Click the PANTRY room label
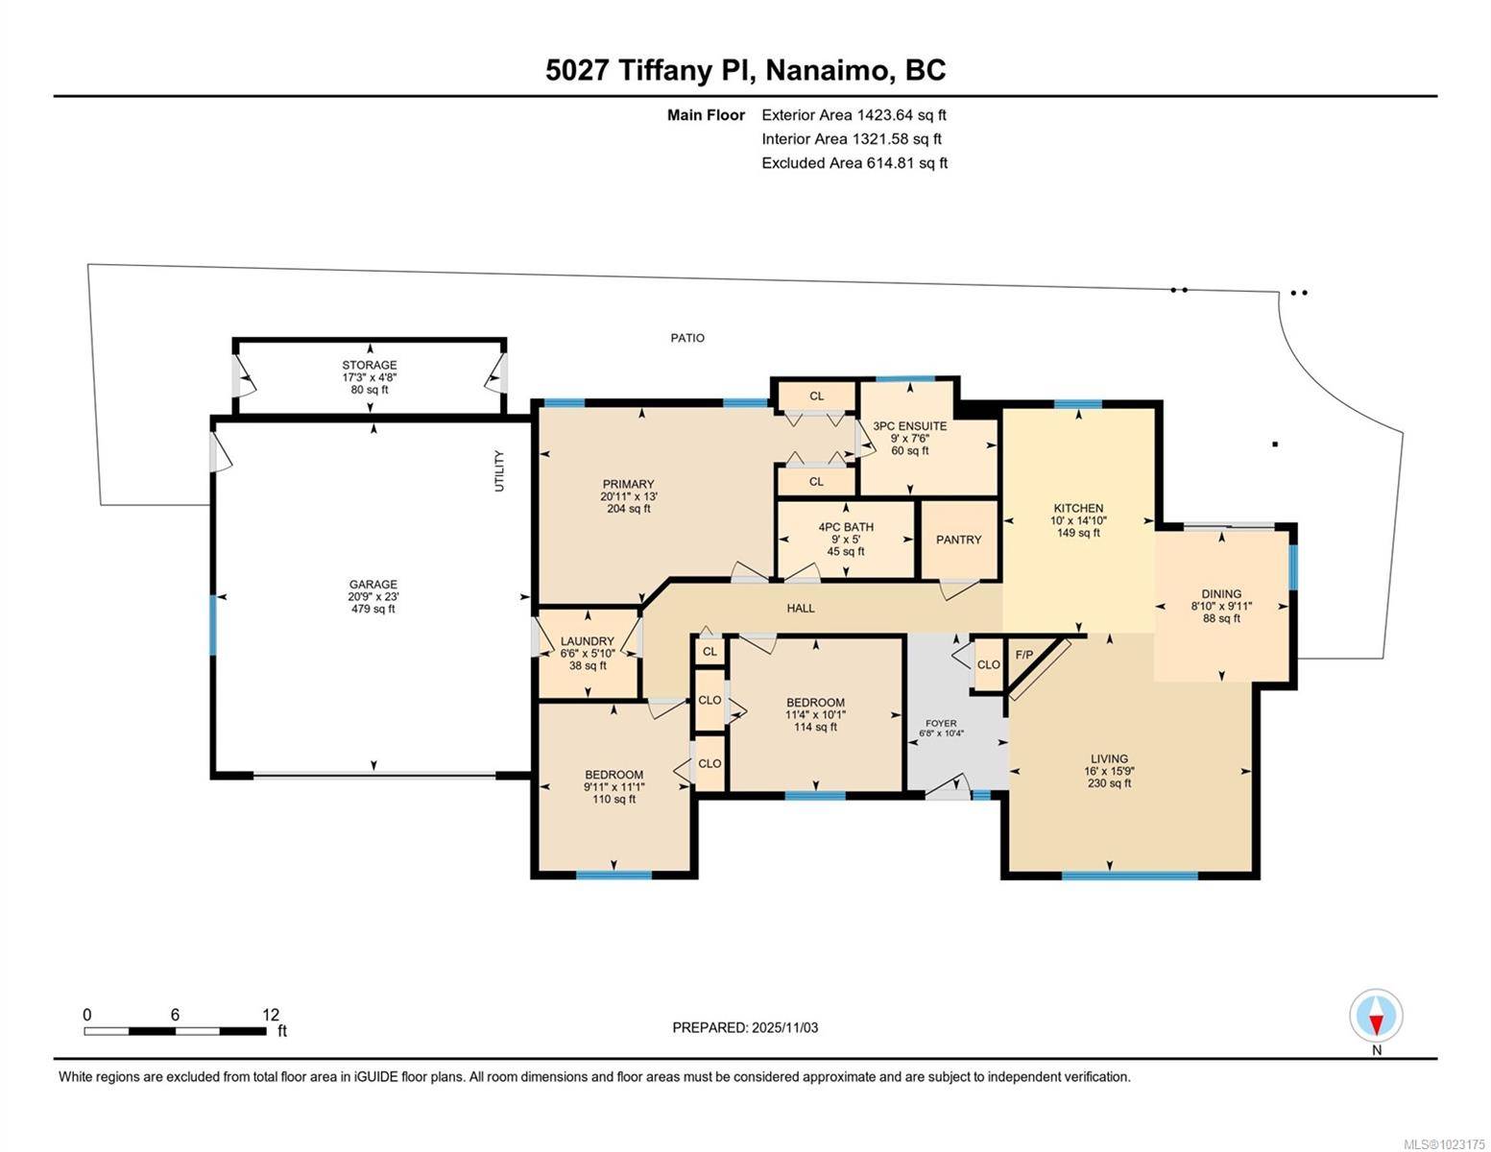(x=958, y=540)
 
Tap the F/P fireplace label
(x=1024, y=656)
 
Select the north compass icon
(x=1376, y=1017)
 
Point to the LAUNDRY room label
(x=587, y=641)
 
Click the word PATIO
(x=687, y=338)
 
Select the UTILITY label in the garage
(x=499, y=471)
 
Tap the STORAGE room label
(x=370, y=366)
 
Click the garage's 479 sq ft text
(x=373, y=609)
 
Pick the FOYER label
(x=941, y=723)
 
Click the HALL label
(x=801, y=609)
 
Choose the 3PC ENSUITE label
(x=909, y=426)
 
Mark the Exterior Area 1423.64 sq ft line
(x=854, y=115)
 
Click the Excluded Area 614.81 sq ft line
(x=854, y=163)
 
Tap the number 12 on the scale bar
(x=270, y=1015)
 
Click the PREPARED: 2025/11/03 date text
(x=745, y=1028)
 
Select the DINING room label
(x=1221, y=594)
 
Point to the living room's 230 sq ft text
(x=1109, y=783)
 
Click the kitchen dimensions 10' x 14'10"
(x=1078, y=520)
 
